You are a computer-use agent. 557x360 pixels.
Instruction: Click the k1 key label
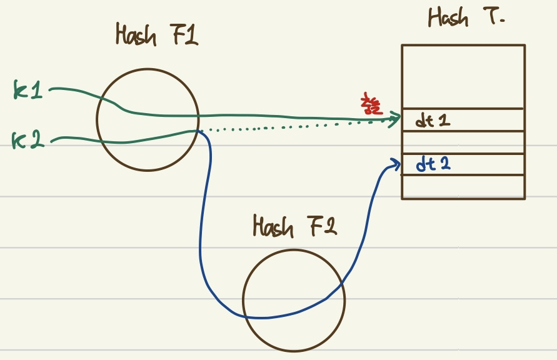click(x=28, y=91)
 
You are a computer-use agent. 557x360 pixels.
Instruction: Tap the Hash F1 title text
click(x=156, y=35)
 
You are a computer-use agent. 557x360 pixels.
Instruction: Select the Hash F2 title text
click(x=294, y=226)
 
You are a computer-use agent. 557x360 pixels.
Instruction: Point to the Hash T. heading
click(x=466, y=17)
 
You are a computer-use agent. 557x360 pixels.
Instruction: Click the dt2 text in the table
click(x=434, y=165)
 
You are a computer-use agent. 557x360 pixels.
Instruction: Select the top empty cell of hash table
click(x=463, y=76)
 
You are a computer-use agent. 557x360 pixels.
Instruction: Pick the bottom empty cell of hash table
click(x=463, y=187)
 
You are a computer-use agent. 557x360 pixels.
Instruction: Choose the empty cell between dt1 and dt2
click(x=463, y=142)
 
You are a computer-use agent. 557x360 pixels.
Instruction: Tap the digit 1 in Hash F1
click(x=191, y=35)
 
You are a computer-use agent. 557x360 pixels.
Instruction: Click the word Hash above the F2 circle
click(x=273, y=226)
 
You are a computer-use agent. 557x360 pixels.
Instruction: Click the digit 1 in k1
click(x=37, y=91)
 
